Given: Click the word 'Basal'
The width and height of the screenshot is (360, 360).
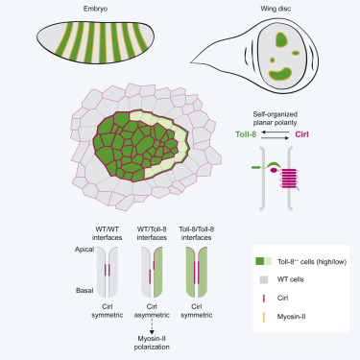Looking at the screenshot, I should (x=84, y=288).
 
